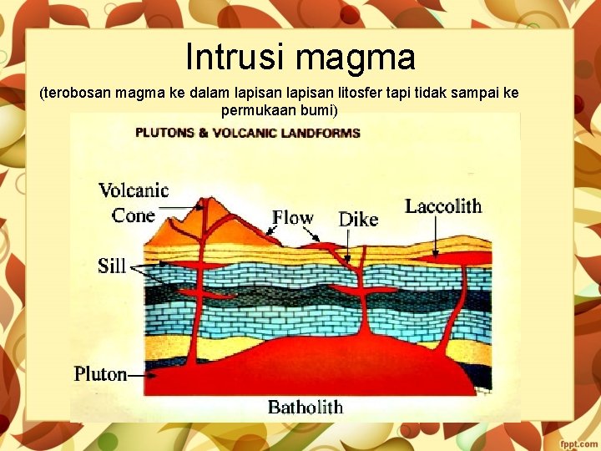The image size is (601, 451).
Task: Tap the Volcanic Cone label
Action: click(x=134, y=202)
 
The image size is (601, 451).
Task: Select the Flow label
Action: click(x=293, y=218)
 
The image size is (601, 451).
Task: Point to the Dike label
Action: click(x=358, y=220)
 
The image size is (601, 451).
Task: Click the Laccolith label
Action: click(x=443, y=206)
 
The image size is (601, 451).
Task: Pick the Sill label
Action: click(x=112, y=266)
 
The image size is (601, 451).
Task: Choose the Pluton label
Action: click(x=100, y=373)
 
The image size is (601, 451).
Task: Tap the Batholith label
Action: click(x=306, y=408)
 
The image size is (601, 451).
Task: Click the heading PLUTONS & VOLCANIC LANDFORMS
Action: click(x=248, y=132)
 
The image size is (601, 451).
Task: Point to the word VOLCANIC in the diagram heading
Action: click(x=267, y=132)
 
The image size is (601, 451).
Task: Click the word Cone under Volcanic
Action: click(x=134, y=215)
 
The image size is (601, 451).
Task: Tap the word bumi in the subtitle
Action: click(x=317, y=110)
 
